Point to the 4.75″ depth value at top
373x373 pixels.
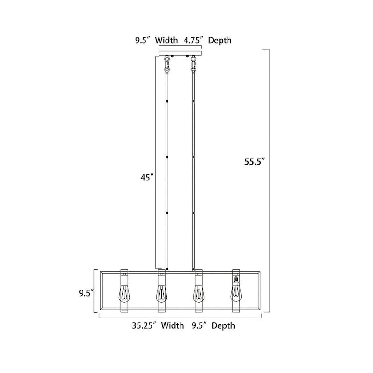192,41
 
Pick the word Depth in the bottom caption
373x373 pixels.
223,325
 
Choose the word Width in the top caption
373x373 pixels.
166,41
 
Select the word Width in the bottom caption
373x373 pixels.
173,325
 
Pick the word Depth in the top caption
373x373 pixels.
220,41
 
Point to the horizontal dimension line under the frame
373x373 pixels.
180,317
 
